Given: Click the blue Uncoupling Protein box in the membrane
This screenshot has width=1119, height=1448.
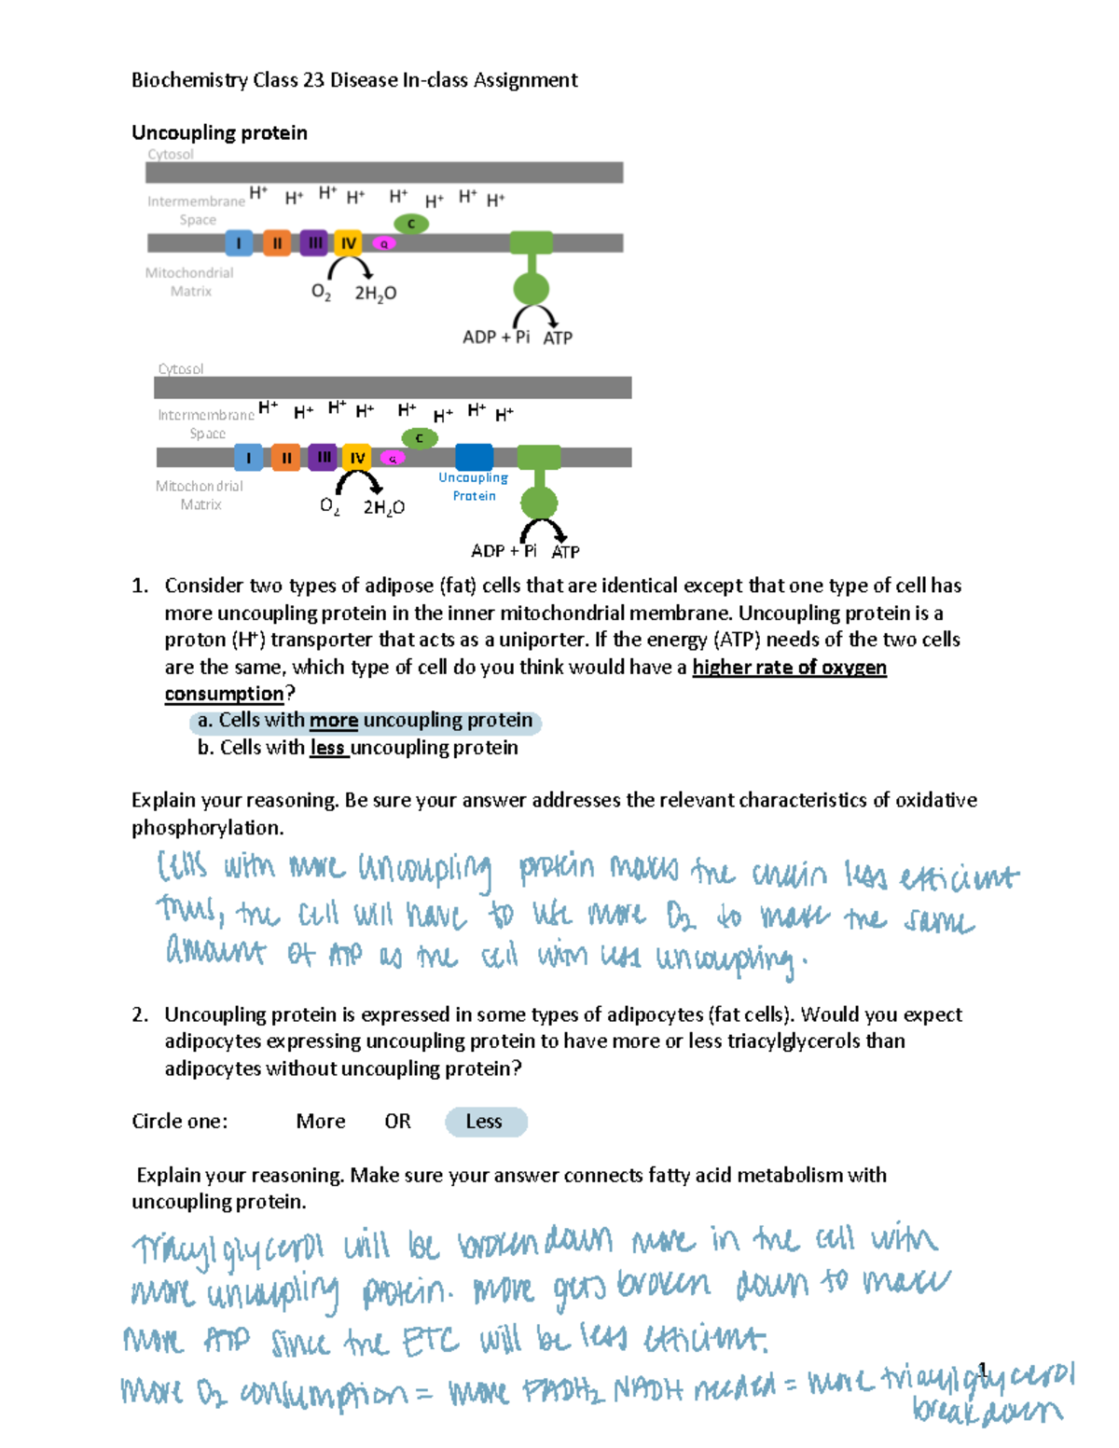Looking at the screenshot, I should [x=474, y=457].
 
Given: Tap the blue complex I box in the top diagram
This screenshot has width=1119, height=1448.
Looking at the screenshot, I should [x=239, y=243].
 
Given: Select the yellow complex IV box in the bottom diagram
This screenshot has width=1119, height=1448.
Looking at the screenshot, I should [x=357, y=458].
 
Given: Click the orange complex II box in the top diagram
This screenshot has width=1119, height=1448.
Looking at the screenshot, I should [x=277, y=243].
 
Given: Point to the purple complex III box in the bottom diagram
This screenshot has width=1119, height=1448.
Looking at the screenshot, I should [x=323, y=457].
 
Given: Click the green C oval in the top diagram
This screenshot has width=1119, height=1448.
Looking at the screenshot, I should [x=411, y=224].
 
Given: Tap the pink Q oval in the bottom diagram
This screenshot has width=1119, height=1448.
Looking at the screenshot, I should [x=394, y=458].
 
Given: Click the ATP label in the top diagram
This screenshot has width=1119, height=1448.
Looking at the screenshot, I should [x=558, y=338].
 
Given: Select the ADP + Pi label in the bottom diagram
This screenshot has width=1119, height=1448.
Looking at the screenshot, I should [x=504, y=551].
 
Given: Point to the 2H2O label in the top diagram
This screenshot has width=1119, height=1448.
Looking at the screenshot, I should [x=375, y=293].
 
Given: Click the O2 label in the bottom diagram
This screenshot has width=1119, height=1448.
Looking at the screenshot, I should [x=329, y=506].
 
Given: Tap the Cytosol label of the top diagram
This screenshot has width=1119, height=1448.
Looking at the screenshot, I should [x=171, y=155].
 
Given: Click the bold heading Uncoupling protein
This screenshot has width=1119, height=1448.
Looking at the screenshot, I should [x=219, y=132].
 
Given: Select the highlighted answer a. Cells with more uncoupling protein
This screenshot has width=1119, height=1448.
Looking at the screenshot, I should [x=366, y=721].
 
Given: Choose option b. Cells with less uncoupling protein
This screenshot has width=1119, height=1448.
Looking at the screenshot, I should [x=357, y=748].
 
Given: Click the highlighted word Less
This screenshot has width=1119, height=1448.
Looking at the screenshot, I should [x=484, y=1122].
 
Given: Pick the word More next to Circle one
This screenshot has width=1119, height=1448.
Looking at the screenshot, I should [x=320, y=1122].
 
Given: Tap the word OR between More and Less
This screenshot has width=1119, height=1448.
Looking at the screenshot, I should [x=397, y=1122].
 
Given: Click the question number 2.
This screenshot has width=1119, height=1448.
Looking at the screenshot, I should [x=140, y=1014].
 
